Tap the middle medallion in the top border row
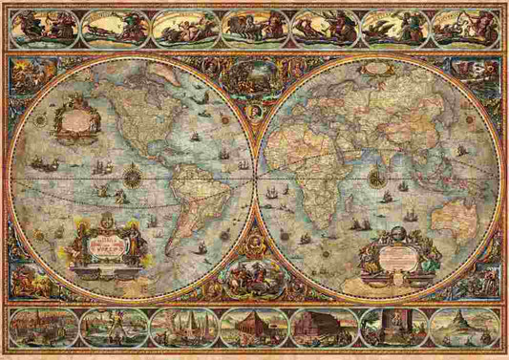[255, 29]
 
